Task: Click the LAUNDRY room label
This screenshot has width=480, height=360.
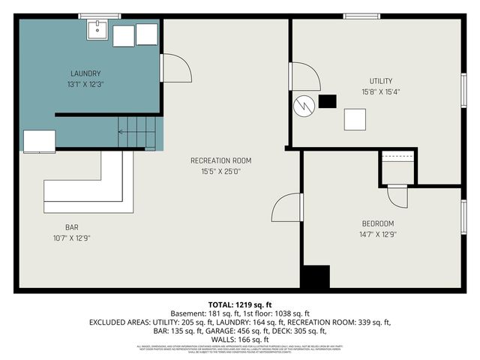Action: pos(85,73)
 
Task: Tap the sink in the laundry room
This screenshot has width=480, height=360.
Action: pos(97,31)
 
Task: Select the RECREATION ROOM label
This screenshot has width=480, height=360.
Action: pos(220,160)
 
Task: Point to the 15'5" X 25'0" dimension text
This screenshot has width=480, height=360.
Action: pos(220,171)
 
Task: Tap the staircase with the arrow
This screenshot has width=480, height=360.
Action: pos(139,133)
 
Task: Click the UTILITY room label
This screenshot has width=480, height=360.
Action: pos(380,81)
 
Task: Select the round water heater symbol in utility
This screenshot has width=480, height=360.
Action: pos(303,105)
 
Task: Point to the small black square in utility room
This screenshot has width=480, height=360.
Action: pos(328,101)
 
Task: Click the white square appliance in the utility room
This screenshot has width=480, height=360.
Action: pos(355,120)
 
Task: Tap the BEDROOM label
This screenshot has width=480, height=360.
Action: pos(378,223)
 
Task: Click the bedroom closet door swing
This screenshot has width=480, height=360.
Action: pos(396,196)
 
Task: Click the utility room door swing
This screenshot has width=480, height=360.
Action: pos(304,76)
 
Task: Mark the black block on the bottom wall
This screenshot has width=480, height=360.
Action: pos(315,277)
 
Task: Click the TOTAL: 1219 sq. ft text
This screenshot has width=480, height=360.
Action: pos(239,304)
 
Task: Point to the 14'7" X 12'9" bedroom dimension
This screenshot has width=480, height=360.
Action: pos(378,234)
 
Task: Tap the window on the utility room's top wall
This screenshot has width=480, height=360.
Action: pos(361,16)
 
